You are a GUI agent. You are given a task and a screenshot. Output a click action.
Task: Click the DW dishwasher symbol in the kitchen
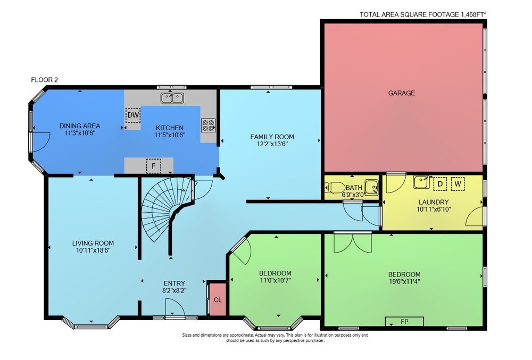(x=133, y=115)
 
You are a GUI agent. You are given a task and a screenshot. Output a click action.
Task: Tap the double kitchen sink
(x=172, y=98)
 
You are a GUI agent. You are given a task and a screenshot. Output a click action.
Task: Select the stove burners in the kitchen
(x=209, y=125)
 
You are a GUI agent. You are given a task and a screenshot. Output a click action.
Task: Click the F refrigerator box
(x=154, y=166)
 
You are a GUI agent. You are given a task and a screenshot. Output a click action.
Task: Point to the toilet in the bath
(x=333, y=188)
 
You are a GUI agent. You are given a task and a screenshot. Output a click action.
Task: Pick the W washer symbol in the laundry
(x=458, y=184)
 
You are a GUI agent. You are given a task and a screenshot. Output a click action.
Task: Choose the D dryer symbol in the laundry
(x=440, y=184)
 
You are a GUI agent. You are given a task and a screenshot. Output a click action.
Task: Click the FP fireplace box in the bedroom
(x=404, y=321)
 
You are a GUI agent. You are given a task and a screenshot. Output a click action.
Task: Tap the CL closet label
(x=218, y=300)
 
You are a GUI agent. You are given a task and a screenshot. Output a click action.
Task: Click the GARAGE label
(x=401, y=93)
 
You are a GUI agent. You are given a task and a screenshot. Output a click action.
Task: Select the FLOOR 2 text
(x=45, y=80)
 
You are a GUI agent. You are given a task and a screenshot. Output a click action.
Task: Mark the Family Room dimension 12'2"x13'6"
(x=272, y=144)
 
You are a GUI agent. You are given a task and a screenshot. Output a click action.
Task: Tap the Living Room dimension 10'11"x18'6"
(x=93, y=250)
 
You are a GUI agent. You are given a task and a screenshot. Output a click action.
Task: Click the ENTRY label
(x=174, y=283)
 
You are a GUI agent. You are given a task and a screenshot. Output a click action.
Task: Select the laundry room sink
(x=421, y=182)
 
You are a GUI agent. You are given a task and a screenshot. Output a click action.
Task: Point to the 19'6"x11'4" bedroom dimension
(x=404, y=281)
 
